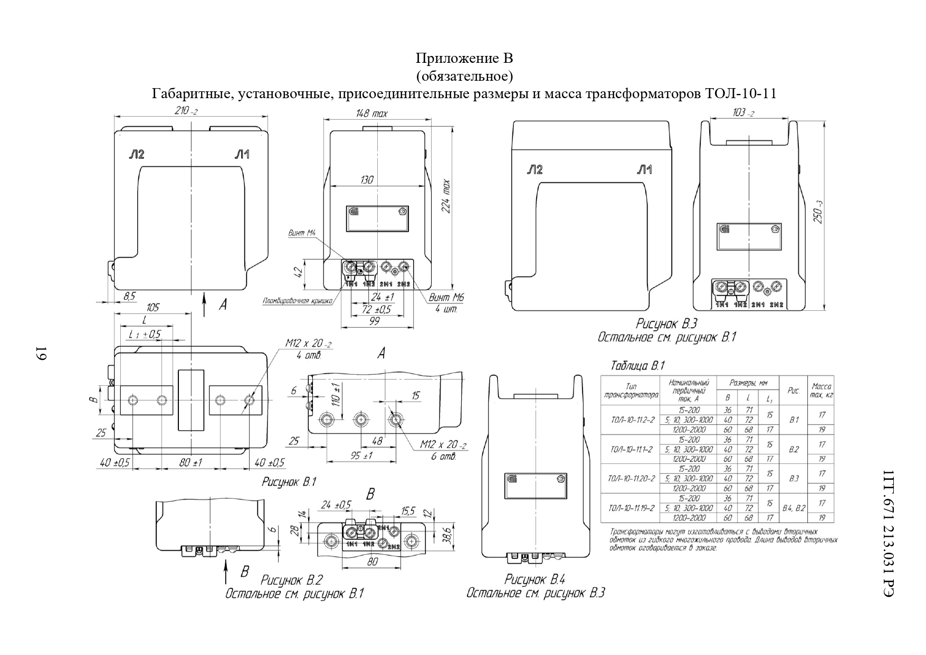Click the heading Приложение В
click(464, 58)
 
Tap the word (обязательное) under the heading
click(464, 77)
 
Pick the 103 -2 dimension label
click(743, 113)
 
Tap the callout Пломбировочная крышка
click(297, 301)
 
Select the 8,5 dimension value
click(129, 297)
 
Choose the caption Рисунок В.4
click(535, 580)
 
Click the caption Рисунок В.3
click(667, 324)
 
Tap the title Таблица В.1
click(637, 366)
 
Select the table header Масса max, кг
click(822, 391)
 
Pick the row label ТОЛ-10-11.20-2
click(631, 479)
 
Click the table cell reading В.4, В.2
click(794, 508)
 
